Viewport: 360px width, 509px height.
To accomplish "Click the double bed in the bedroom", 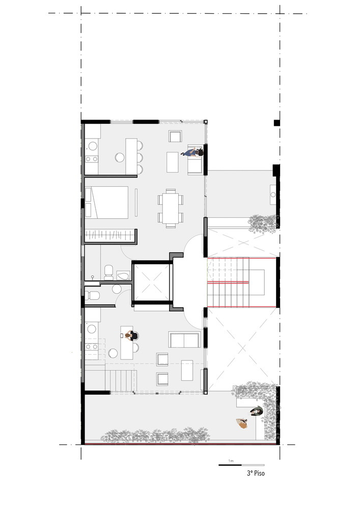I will point(107,202).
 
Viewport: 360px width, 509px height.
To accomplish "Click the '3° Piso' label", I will point(256,473).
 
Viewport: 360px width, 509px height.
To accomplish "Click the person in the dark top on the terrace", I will point(257,411).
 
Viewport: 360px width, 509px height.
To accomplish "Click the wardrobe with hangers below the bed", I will point(110,236).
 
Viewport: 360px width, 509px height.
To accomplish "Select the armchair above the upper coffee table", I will point(176,136).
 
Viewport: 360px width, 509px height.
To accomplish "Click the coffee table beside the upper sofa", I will point(173,162).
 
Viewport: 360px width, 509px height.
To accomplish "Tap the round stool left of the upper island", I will point(120,157).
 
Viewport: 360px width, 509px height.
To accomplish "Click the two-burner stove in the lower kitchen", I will point(92,347).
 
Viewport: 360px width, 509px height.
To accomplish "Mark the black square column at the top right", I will point(276,123).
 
